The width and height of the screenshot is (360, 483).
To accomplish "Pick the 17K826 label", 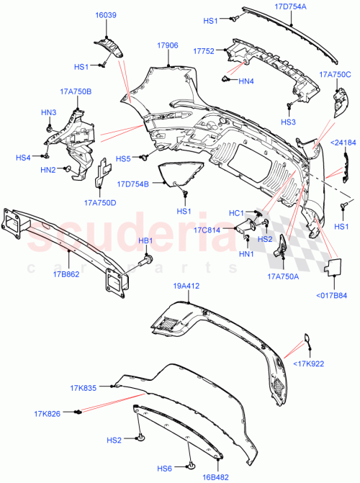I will (x=47, y=413).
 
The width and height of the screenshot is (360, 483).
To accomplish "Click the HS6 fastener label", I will (x=168, y=466).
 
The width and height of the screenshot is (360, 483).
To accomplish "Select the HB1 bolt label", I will (x=145, y=241).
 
